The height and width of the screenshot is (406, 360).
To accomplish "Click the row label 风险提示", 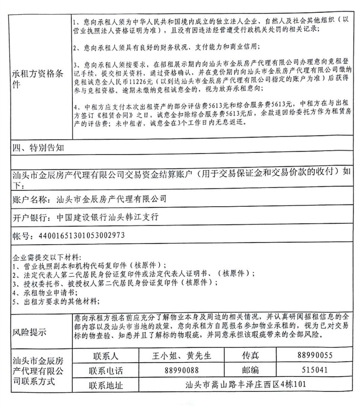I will (31, 332).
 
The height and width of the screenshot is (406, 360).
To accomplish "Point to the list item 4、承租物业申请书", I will (42, 292).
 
